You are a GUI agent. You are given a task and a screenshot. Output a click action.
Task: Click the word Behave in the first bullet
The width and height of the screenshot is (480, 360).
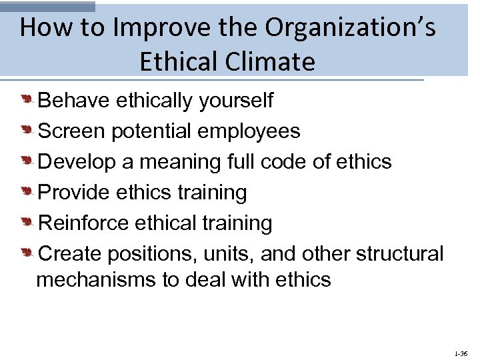(x=74, y=101)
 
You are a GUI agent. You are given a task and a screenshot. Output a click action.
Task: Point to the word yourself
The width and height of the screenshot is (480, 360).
(x=235, y=101)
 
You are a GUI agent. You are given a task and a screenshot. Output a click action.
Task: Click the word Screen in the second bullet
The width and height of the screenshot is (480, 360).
(x=72, y=131)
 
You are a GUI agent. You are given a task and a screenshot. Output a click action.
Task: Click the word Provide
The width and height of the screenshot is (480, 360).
(x=75, y=193)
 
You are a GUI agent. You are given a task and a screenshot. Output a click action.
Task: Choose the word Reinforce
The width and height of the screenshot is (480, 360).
(x=84, y=223)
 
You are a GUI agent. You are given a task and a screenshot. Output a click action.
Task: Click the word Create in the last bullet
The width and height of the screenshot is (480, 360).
(x=71, y=254)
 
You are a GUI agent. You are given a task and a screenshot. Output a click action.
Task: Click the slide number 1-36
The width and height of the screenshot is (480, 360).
(x=460, y=353)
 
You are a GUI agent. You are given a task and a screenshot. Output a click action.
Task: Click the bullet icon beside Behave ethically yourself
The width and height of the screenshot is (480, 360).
(x=27, y=101)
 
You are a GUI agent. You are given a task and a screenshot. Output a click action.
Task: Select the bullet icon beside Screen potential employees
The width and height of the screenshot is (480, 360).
(x=27, y=131)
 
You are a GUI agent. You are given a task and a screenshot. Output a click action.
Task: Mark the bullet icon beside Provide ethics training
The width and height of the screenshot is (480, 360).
(x=27, y=193)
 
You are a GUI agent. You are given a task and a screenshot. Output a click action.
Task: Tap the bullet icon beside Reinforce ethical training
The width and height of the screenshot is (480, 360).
(x=27, y=223)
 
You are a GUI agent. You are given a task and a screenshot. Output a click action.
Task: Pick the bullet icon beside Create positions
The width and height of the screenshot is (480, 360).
(x=27, y=254)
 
